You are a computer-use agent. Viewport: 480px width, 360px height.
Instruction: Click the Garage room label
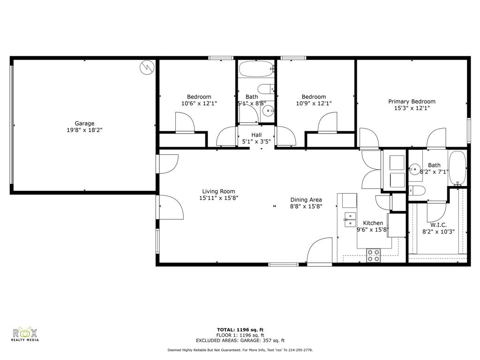pyautogui.click(x=84, y=123)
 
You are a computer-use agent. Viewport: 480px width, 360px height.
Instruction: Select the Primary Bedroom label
pyautogui.click(x=412, y=101)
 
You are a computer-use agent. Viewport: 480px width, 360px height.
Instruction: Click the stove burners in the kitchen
pyautogui.click(x=374, y=255)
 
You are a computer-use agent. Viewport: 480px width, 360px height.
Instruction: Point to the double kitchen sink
pyautogui.click(x=350, y=219)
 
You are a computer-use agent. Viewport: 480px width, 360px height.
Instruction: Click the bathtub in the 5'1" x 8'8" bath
pyautogui.click(x=256, y=69)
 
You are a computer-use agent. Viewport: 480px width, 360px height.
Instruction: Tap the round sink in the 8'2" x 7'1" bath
pyautogui.click(x=415, y=169)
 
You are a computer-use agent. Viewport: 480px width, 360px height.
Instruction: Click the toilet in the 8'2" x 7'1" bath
pyautogui.click(x=417, y=190)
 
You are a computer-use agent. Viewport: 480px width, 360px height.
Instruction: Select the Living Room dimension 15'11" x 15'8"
pyautogui.click(x=218, y=198)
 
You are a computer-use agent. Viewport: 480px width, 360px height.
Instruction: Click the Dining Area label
pyautogui.click(x=306, y=200)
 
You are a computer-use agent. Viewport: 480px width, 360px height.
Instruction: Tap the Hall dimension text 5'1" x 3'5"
pyautogui.click(x=256, y=142)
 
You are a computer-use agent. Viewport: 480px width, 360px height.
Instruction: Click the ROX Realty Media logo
pyautogui.click(x=25, y=334)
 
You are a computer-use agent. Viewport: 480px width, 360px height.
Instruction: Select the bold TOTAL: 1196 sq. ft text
pyautogui.click(x=240, y=330)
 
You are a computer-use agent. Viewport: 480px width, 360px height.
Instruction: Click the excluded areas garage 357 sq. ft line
pyautogui.click(x=240, y=340)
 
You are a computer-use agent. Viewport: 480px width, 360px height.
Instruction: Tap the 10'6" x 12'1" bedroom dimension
pyautogui.click(x=199, y=104)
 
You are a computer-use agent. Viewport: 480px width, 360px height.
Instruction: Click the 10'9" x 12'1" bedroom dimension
pyautogui.click(x=314, y=104)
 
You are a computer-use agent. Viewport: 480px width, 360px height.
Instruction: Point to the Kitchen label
pyautogui.click(x=373, y=223)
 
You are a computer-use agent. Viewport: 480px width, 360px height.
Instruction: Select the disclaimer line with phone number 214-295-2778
pyautogui.click(x=240, y=350)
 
